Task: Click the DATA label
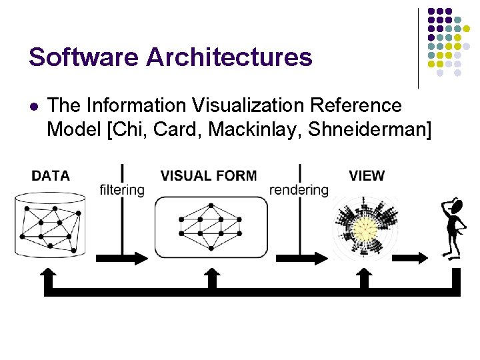tap(51, 176)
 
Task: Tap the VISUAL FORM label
tap(208, 176)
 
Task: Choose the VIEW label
tap(367, 176)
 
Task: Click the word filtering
tap(122, 190)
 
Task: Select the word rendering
tap(299, 190)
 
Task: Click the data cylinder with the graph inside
tap(51, 224)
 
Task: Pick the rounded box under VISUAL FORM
tap(211, 227)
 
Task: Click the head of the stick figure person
tap(458, 205)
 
